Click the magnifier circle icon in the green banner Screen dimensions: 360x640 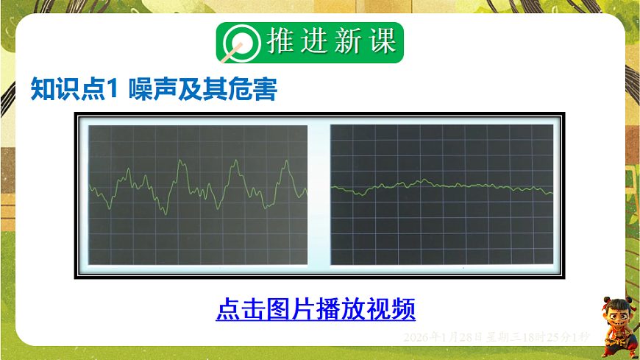tap(238, 43)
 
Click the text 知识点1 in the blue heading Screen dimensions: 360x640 tap(74, 89)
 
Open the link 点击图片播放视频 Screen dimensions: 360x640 tap(316, 308)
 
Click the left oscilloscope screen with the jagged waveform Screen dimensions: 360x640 tap(197, 194)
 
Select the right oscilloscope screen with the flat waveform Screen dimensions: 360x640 tap(441, 194)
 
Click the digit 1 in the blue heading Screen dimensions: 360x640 tap(114, 89)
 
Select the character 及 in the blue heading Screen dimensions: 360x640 tap(191, 89)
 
